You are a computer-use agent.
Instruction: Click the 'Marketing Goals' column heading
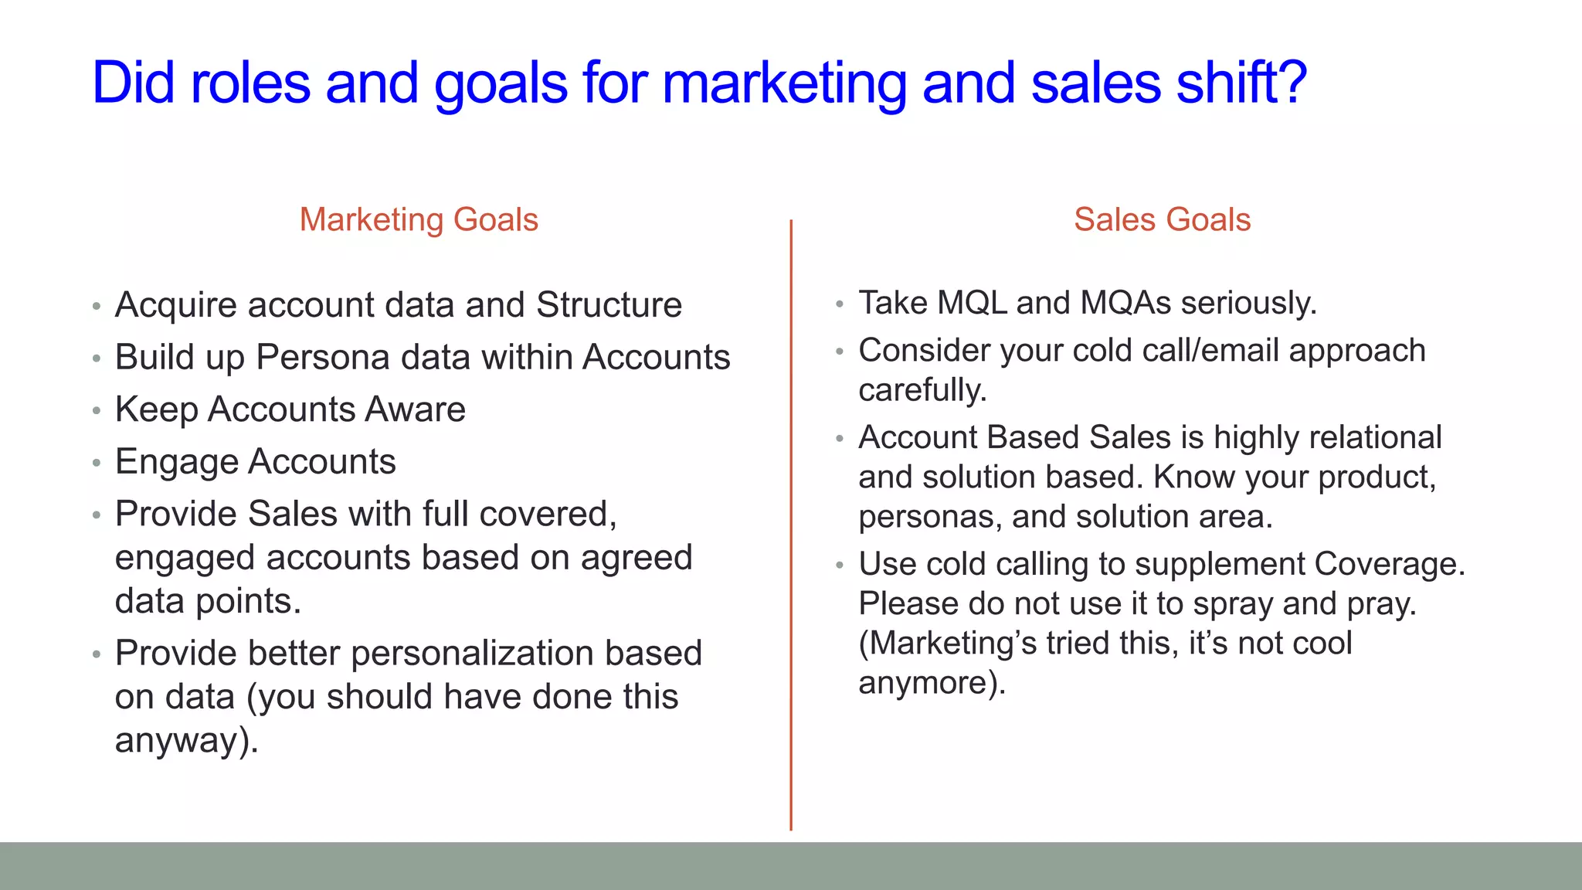(419, 220)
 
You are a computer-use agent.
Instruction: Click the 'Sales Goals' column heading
(1162, 220)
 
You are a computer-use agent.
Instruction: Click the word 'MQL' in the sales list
(971, 303)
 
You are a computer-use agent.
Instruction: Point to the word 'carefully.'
(923, 391)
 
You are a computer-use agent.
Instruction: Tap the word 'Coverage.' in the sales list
(1390, 564)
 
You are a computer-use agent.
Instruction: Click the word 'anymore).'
(932, 684)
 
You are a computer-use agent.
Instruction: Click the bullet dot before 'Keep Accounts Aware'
(97, 411)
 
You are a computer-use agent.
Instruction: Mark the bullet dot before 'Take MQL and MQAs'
(840, 304)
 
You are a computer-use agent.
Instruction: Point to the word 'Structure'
(609, 305)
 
